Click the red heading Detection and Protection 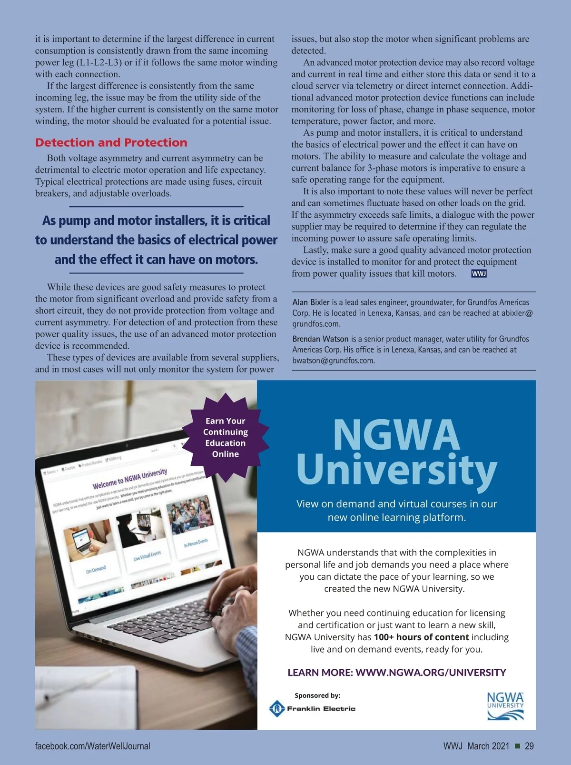[x=111, y=142]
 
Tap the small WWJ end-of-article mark [x=479, y=273]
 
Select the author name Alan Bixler [x=311, y=302]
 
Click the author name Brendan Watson [x=320, y=339]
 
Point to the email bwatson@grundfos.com [x=333, y=361]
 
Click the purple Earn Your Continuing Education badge [x=226, y=437]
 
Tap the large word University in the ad [x=396, y=469]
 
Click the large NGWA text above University [x=396, y=434]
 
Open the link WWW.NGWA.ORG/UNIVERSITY [x=431, y=672]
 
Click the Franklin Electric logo [x=313, y=708]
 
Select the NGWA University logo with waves [x=505, y=706]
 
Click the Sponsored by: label [x=317, y=695]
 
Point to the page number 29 [x=529, y=746]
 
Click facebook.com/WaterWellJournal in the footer [x=92, y=746]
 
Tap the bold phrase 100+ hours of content [x=421, y=637]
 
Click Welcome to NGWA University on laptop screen [x=130, y=478]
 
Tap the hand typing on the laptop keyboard [x=233, y=600]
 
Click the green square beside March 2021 [x=517, y=746]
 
